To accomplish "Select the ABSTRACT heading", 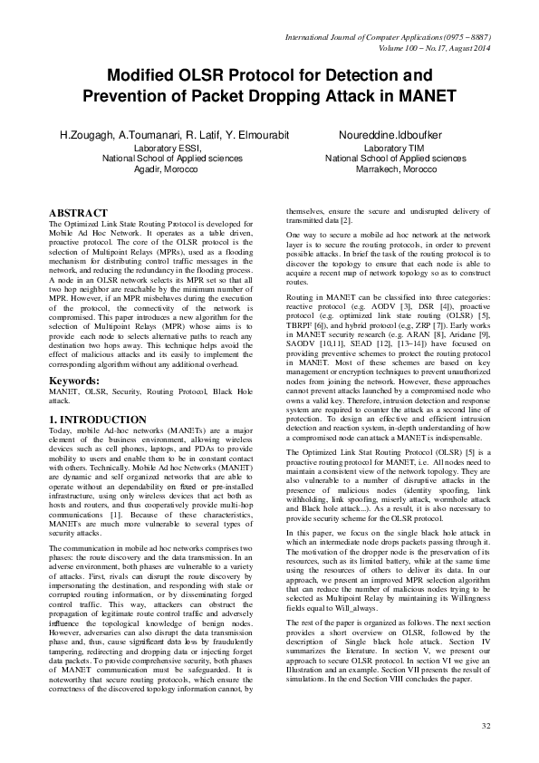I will coord(78,212).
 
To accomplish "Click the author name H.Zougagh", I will coord(86,135).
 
